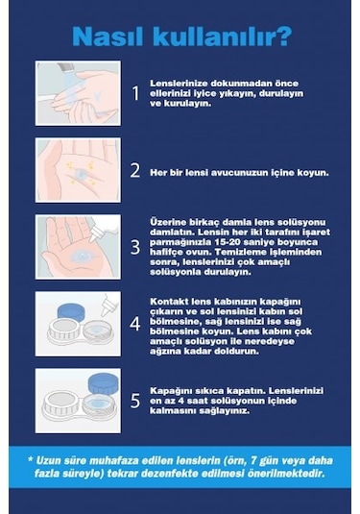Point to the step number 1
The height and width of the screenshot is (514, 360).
[135, 93]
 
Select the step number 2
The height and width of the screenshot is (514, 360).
[135, 172]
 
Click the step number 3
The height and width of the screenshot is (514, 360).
[135, 247]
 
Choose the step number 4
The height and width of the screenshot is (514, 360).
[135, 325]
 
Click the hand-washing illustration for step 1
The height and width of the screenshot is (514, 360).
[78, 93]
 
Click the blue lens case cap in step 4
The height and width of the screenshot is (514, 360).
[65, 312]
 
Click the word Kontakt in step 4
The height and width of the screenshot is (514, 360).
[168, 300]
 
